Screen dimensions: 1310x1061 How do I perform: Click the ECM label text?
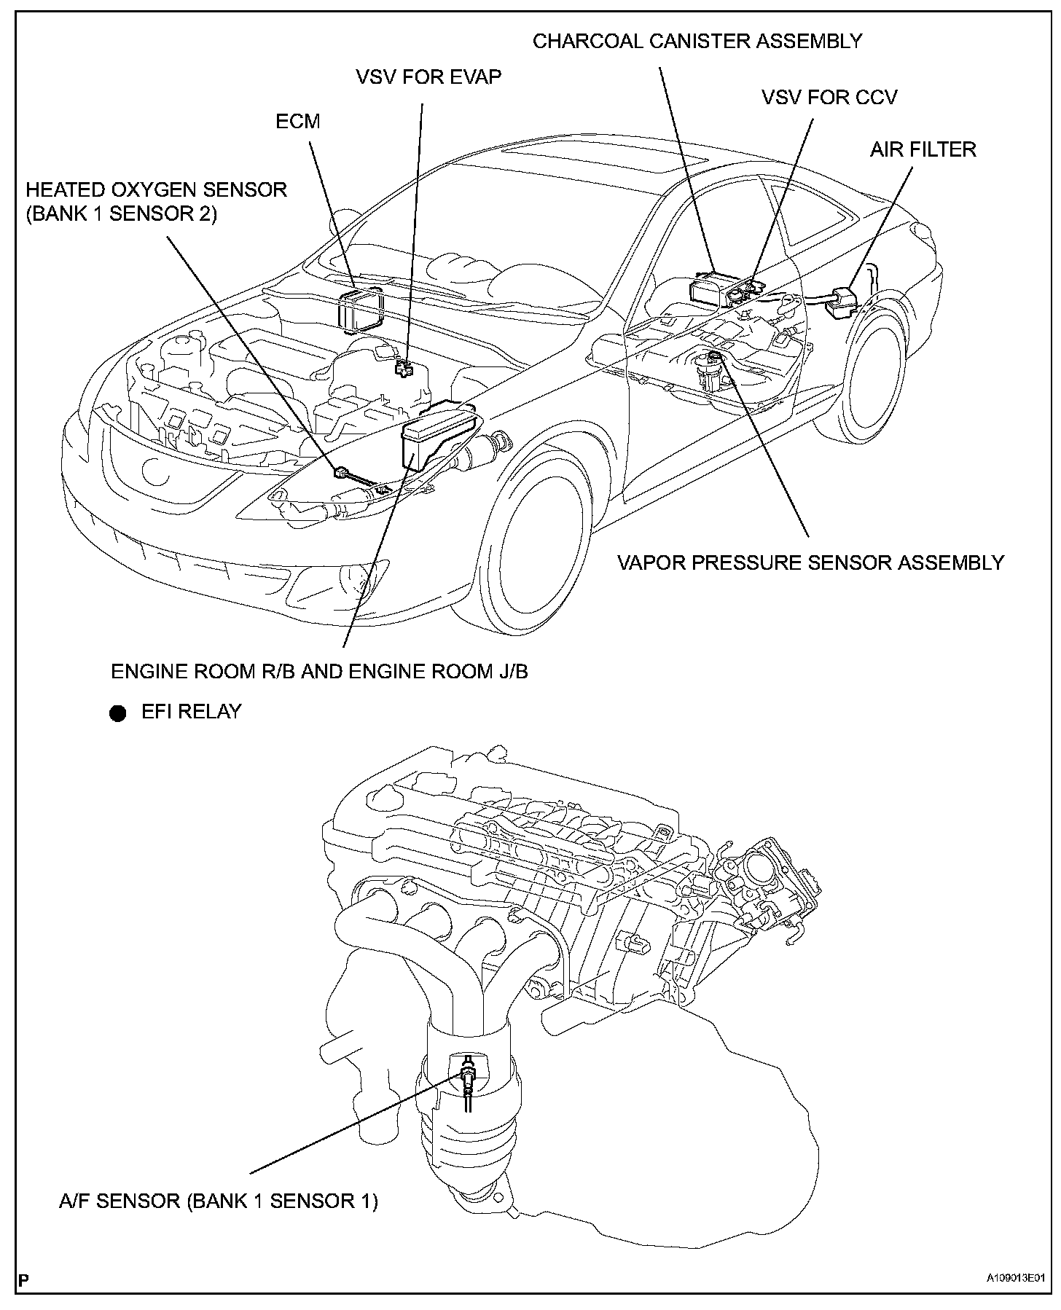pyautogui.click(x=297, y=121)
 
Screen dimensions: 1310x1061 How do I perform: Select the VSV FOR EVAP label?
pyautogui.click(x=428, y=77)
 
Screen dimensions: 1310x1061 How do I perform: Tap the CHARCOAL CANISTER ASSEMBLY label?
pyautogui.click(x=697, y=41)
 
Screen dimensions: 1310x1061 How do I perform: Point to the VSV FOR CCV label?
pyautogui.click(x=829, y=97)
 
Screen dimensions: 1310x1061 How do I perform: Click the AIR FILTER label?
pyautogui.click(x=923, y=149)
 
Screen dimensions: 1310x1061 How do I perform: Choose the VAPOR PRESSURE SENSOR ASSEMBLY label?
pyautogui.click(x=811, y=562)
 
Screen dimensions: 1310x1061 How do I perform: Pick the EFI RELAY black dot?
pyautogui.click(x=117, y=713)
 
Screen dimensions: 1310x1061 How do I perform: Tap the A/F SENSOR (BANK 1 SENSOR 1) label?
pyautogui.click(x=218, y=1200)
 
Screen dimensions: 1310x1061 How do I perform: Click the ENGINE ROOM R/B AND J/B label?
pyautogui.click(x=319, y=671)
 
